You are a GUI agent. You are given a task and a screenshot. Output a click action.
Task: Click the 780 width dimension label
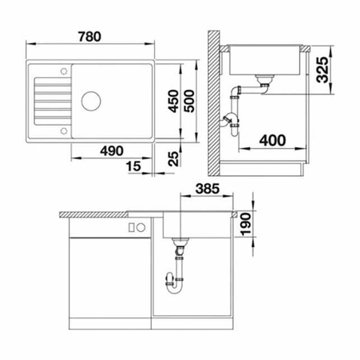pyautogui.click(x=90, y=36)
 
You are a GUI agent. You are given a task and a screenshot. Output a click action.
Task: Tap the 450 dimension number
pyautogui.click(x=174, y=101)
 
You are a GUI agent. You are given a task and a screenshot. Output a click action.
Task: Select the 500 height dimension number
pyautogui.click(x=189, y=101)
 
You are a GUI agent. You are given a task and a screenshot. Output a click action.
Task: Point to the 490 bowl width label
pyautogui.click(x=112, y=151)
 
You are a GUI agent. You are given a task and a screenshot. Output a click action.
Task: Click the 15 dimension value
pyautogui.click(x=133, y=166)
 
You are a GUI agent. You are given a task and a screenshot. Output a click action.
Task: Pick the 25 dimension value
pyautogui.click(x=174, y=158)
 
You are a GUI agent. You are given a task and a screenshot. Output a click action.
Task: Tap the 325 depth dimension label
pyautogui.click(x=322, y=69)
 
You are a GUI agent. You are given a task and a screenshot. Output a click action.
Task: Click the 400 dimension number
pyautogui.click(x=273, y=141)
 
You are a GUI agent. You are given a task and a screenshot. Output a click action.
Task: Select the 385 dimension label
pyautogui.click(x=208, y=189)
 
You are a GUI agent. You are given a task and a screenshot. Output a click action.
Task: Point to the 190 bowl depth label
pyautogui.click(x=246, y=225)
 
